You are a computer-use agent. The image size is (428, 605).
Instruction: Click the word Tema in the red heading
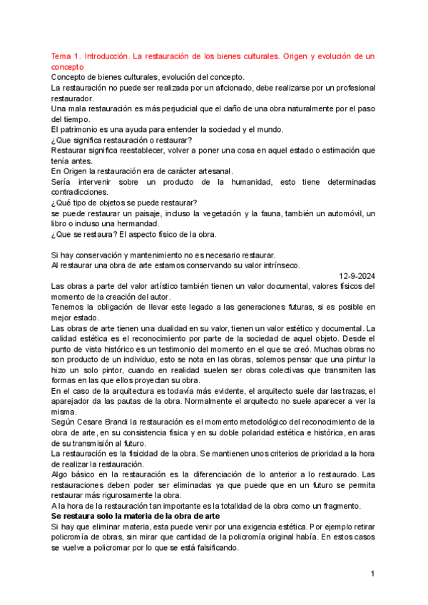[x=63, y=56]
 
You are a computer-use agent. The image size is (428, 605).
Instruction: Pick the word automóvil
[x=337, y=213]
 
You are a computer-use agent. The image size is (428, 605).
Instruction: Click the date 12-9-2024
[x=355, y=276]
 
